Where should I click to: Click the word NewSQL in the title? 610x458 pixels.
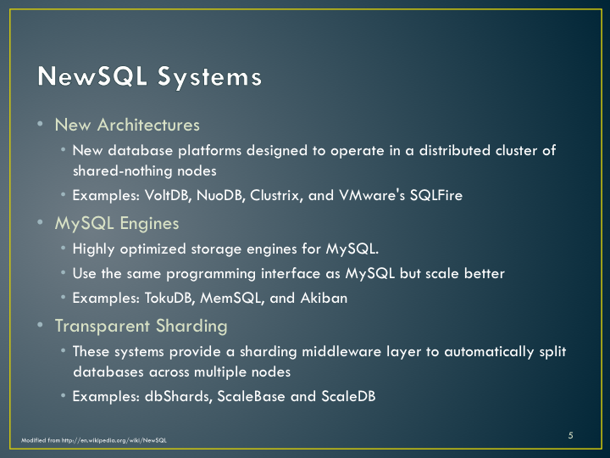(x=92, y=75)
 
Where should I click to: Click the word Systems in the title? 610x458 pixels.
(x=209, y=77)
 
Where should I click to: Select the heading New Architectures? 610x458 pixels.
(x=127, y=125)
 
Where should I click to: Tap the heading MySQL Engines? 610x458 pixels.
(x=117, y=224)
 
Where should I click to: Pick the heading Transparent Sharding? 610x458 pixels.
(x=141, y=327)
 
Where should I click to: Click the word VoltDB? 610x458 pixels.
(x=168, y=195)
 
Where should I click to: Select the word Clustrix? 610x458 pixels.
(x=276, y=195)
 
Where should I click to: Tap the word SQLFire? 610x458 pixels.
(x=436, y=195)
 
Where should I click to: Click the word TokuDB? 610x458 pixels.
(x=169, y=298)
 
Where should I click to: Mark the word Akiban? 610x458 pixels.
(x=324, y=298)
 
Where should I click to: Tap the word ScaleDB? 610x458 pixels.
(x=348, y=396)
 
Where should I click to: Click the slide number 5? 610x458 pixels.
(x=570, y=435)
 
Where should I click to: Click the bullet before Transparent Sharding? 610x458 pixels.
(x=40, y=325)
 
